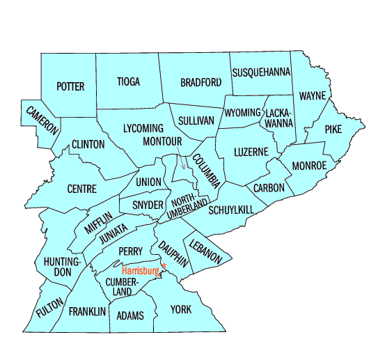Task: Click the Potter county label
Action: pos(70,86)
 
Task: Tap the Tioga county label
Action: pos(128,81)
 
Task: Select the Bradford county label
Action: pos(200,82)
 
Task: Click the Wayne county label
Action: pos(313,95)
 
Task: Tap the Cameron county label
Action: pos(42,120)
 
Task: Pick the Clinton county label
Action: pos(88,145)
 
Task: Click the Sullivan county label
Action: pos(196,120)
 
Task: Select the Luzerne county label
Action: pos(251,151)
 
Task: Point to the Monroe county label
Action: pos(309,166)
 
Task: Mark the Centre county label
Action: pos(81,189)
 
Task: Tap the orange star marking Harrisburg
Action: pos(164,266)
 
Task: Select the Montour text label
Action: pos(162,141)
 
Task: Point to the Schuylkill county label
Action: pos(231,210)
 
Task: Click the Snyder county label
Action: pos(148,205)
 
